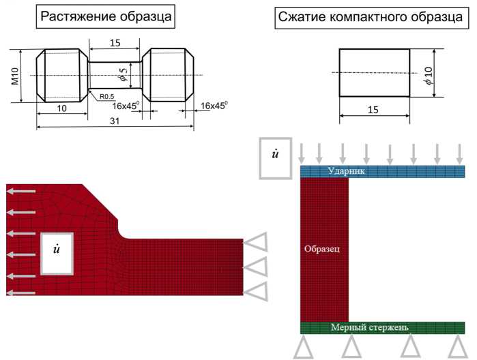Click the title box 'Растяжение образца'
(105, 16)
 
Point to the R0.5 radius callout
(106, 97)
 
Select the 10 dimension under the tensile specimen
(61, 108)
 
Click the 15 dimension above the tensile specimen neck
(115, 44)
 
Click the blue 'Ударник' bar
(382, 172)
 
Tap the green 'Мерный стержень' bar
(382, 327)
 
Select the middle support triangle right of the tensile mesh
(257, 267)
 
